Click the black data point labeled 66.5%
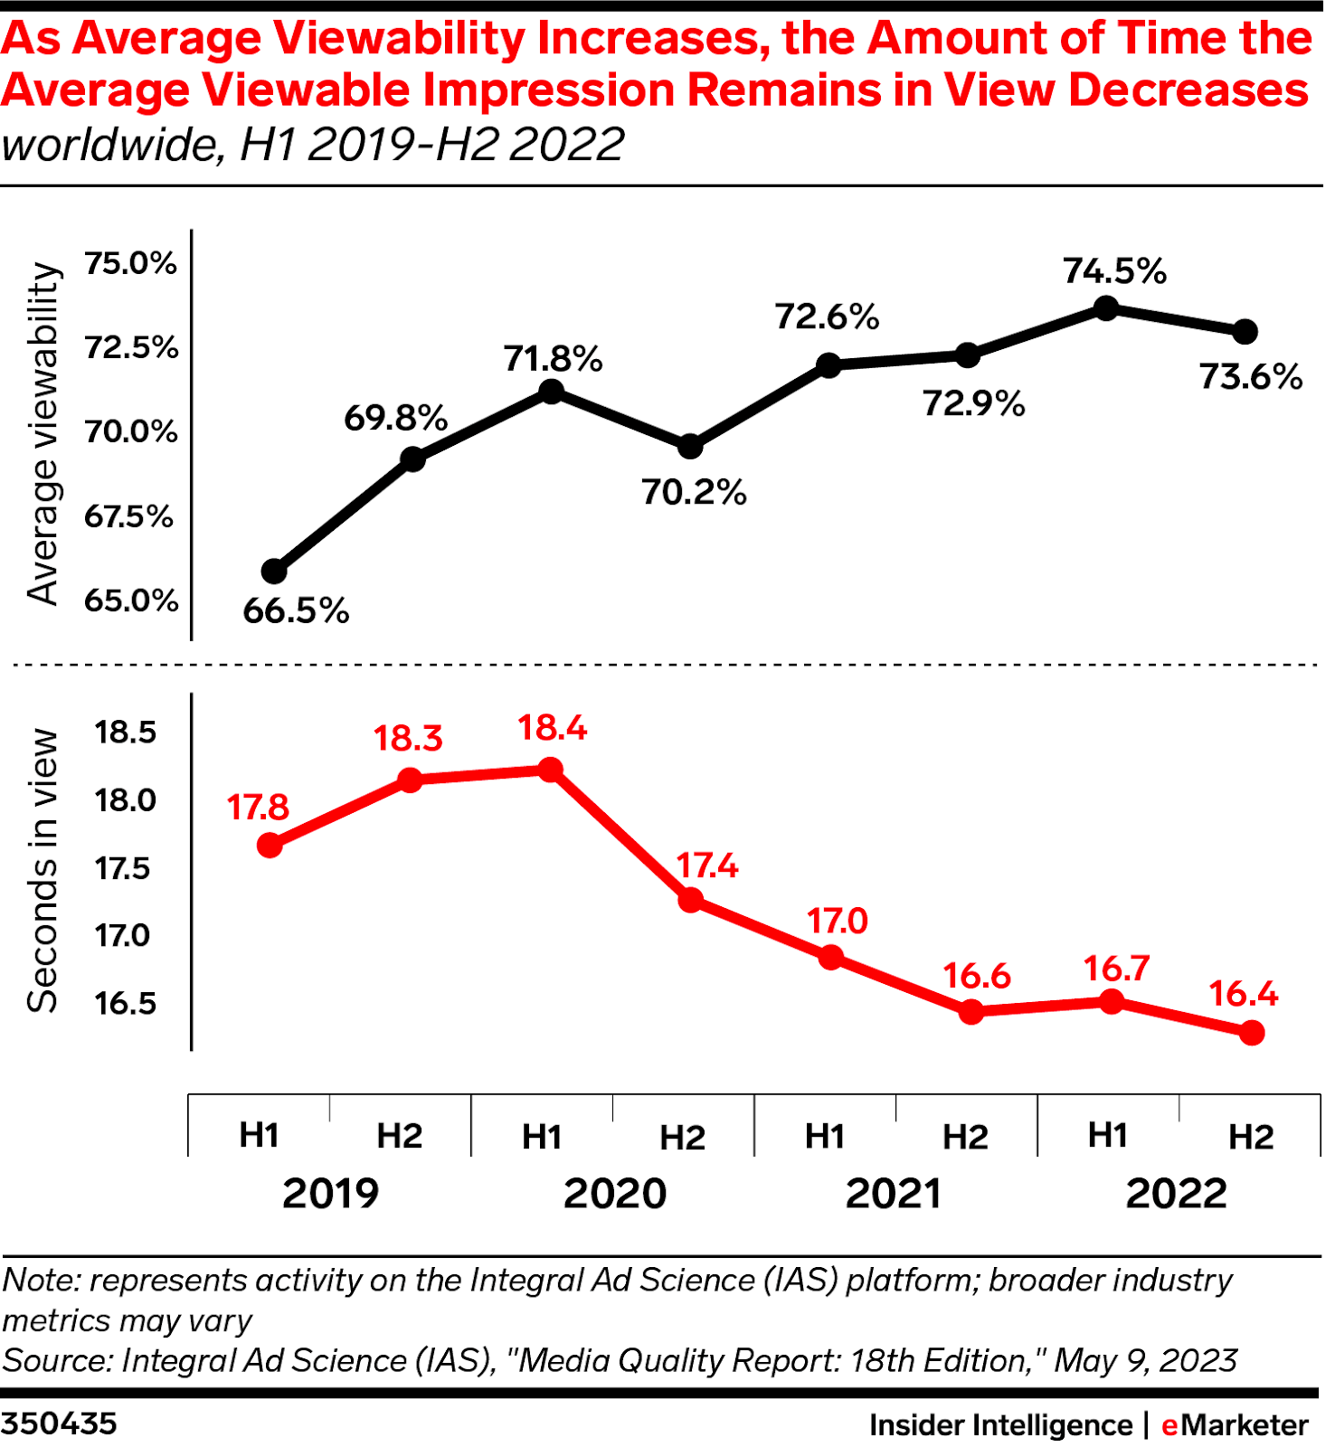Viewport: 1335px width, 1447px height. tap(274, 572)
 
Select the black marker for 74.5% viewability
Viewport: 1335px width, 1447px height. tap(1106, 308)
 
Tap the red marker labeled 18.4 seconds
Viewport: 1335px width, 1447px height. tap(551, 770)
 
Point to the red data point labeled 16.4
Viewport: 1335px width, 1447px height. tap(1251, 1033)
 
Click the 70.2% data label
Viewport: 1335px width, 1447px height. tap(695, 493)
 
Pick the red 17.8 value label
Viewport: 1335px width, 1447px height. tap(258, 807)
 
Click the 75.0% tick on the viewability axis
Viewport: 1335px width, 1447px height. tap(130, 263)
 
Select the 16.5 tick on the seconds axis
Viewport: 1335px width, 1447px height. tap(126, 1003)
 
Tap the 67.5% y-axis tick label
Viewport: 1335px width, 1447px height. tap(128, 516)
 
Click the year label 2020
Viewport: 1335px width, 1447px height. tap(615, 1194)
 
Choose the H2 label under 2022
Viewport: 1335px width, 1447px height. tap(1251, 1137)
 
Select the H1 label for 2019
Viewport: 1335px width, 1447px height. tap(259, 1135)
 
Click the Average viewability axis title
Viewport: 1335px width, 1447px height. tap(43, 434)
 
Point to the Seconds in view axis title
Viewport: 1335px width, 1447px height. tap(43, 870)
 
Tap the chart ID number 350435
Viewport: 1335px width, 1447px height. tap(60, 1423)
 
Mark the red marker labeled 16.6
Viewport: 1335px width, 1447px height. tap(970, 1011)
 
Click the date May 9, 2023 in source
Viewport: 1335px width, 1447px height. tap(1146, 1360)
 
